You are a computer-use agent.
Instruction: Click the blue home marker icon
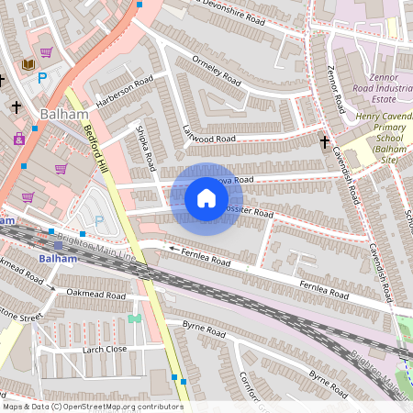click(x=206, y=198)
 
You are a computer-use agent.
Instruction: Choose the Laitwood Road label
click(x=209, y=136)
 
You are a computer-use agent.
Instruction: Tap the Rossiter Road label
click(x=249, y=213)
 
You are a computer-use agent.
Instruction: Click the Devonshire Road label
click(x=243, y=14)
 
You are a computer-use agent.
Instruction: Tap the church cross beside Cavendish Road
click(x=324, y=141)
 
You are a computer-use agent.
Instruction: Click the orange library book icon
click(x=28, y=64)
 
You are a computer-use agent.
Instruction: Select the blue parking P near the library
click(x=42, y=79)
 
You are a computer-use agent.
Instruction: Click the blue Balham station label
click(x=58, y=258)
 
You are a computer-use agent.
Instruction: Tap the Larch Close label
click(x=104, y=350)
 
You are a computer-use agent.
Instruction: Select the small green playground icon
click(x=135, y=318)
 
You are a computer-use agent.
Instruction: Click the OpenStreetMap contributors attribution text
click(x=92, y=407)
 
